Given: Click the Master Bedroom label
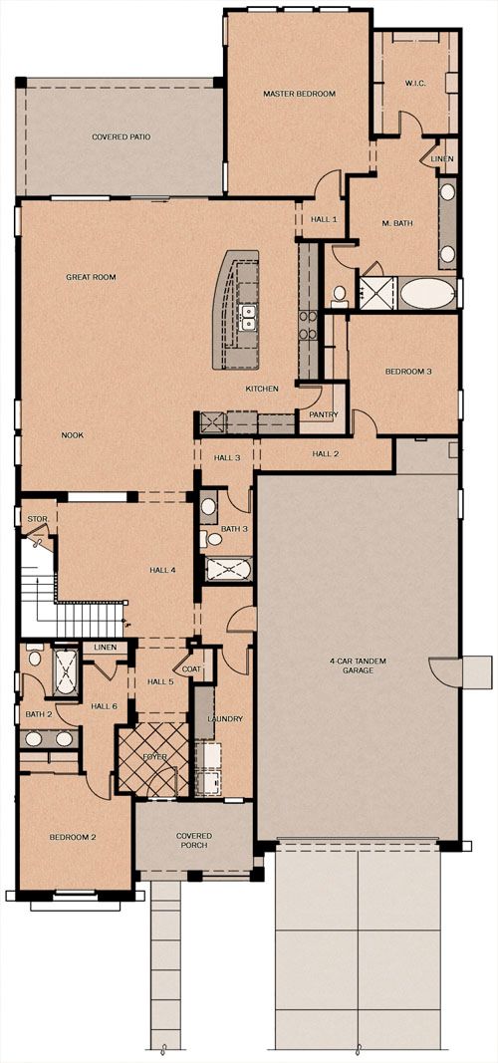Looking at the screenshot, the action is click(x=299, y=94).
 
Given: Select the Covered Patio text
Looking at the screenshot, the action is click(x=122, y=136).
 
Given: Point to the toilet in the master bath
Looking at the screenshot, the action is click(x=340, y=295).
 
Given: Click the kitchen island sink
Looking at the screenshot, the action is click(x=249, y=317).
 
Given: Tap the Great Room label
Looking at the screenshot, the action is click(x=91, y=277).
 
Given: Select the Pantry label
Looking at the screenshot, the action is click(x=323, y=414).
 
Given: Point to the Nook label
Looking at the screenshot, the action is click(x=73, y=435).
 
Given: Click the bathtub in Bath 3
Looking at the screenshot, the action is click(x=229, y=568).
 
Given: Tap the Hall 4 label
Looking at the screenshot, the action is click(x=162, y=570).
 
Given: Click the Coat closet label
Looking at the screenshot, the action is click(x=192, y=669).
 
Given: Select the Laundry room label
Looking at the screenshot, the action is click(x=225, y=718).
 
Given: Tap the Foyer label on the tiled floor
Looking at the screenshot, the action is click(x=155, y=757).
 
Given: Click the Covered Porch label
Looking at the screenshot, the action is click(x=194, y=841).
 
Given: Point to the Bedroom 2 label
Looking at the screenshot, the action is click(x=73, y=837).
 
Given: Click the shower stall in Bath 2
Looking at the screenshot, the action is click(x=66, y=671).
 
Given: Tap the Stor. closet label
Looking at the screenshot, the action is click(x=37, y=520).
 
